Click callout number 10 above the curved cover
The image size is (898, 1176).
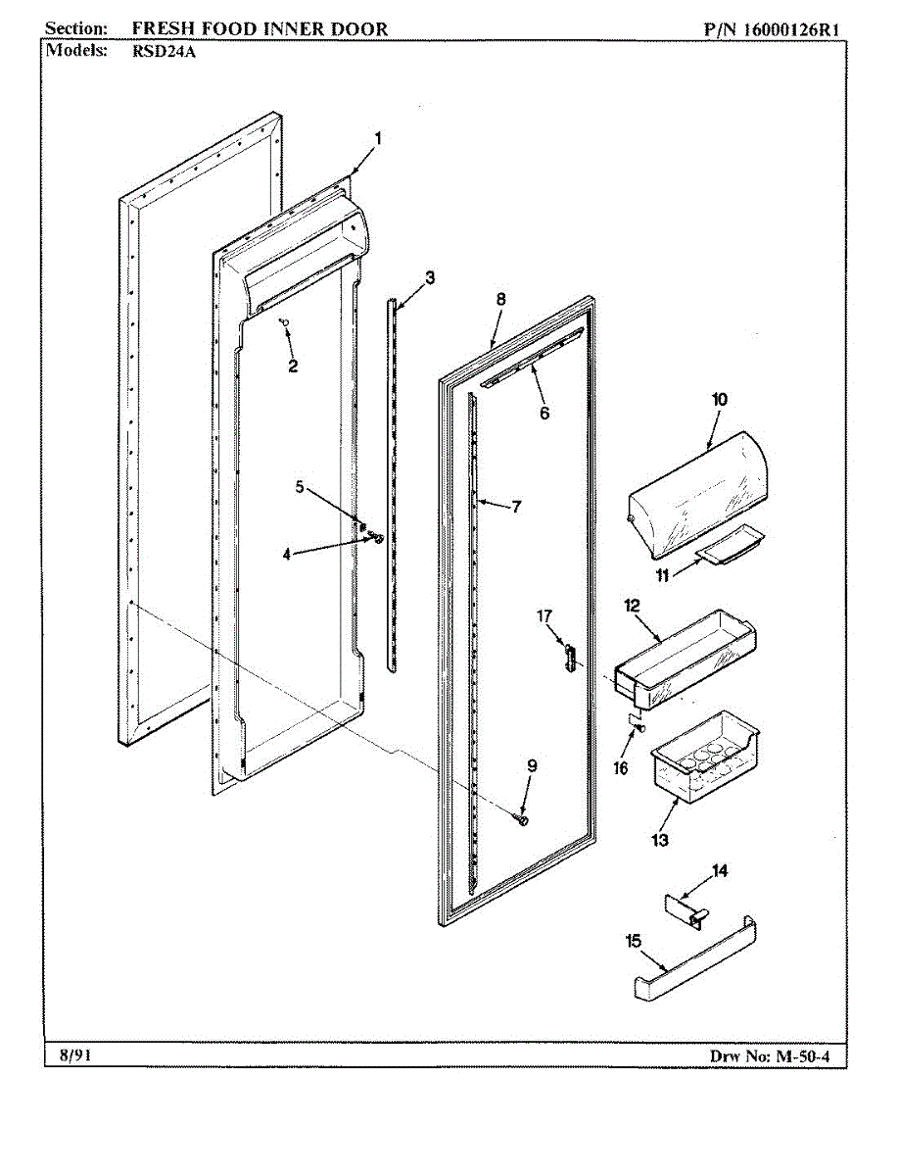click(720, 399)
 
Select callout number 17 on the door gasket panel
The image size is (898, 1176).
click(544, 615)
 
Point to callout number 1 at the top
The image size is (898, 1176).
click(378, 138)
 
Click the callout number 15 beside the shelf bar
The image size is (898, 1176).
click(633, 941)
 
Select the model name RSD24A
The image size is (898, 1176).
click(164, 53)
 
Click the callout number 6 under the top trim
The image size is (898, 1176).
click(544, 413)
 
